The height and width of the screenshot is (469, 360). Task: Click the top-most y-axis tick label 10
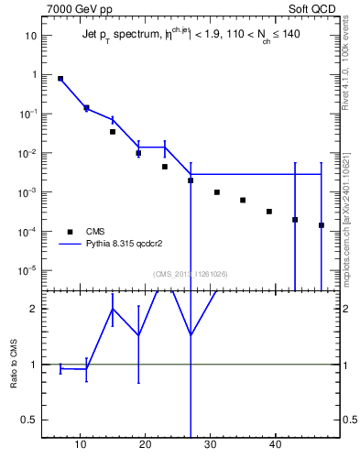30,36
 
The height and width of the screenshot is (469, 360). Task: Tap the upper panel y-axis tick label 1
34,75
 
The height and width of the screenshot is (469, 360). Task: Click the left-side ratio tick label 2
34,309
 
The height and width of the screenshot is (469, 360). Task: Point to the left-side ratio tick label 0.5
30,420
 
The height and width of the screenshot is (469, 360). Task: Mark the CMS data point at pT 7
60,79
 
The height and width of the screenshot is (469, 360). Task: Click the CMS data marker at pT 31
217,192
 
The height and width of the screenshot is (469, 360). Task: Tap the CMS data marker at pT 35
243,200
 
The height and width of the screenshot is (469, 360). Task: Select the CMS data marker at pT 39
269,212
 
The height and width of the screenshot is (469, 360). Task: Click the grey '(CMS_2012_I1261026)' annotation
191,273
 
